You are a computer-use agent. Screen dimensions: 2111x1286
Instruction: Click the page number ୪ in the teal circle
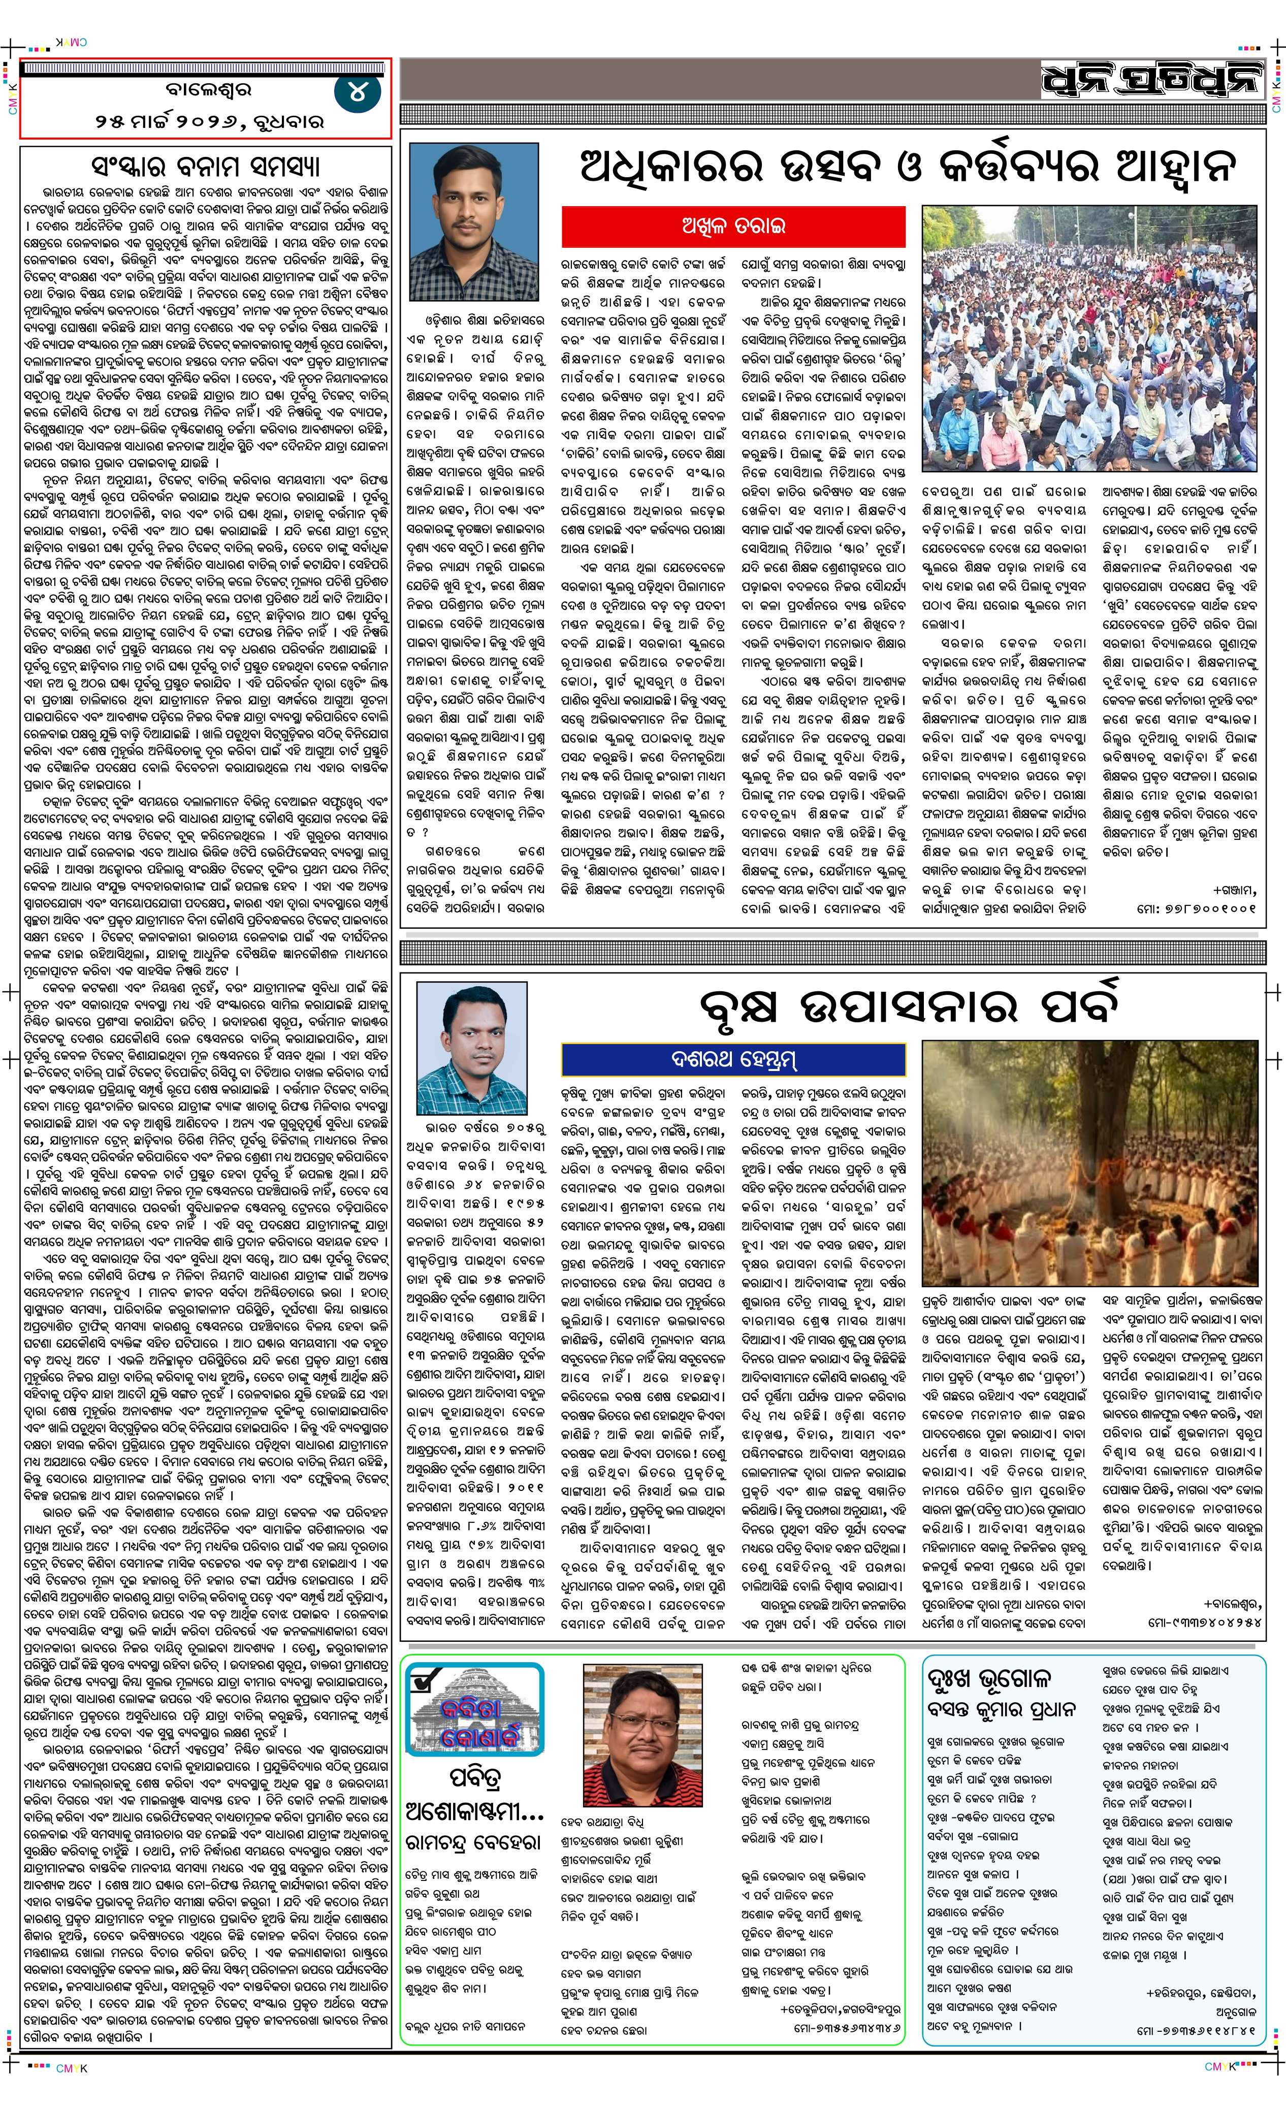coord(357,91)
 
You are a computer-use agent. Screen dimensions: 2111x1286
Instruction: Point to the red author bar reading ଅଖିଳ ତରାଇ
coord(733,226)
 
